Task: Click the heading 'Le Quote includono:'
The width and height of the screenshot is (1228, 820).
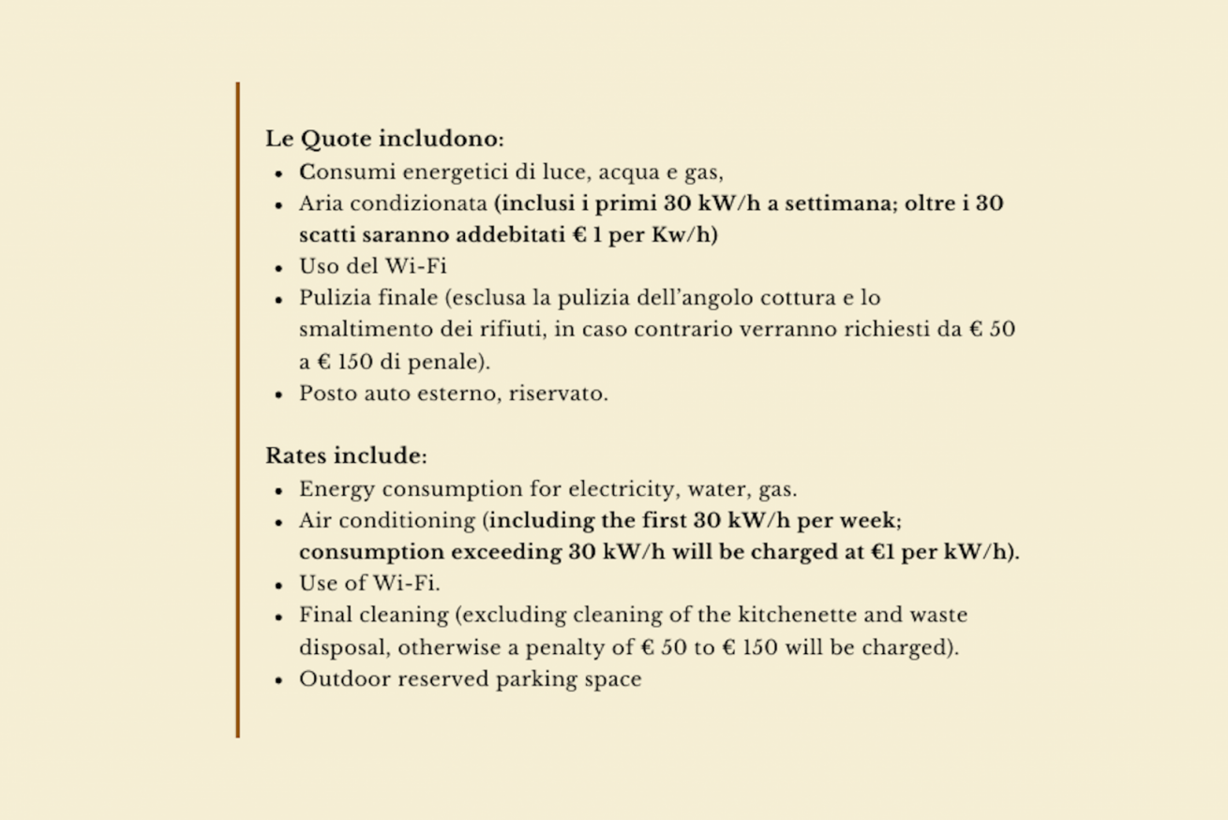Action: click(x=384, y=140)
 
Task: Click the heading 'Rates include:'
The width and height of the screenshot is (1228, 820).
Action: click(x=346, y=456)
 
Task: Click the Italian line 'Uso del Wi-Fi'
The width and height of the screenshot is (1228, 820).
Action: click(x=372, y=266)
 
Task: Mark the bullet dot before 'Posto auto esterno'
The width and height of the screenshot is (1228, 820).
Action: click(x=279, y=395)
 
